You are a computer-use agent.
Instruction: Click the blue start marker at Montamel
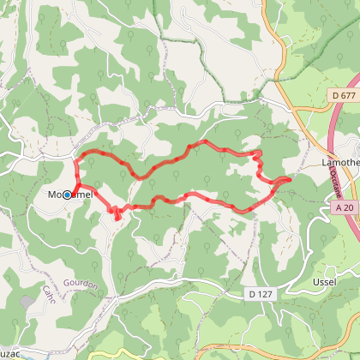(67, 195)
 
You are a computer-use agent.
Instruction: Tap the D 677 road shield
(343, 94)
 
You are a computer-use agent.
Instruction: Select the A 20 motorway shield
(345, 207)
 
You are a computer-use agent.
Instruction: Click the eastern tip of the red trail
(290, 179)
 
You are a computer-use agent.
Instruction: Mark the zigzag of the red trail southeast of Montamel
(116, 213)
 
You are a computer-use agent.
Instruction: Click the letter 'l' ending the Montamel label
(90, 195)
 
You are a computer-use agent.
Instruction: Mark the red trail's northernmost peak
(204, 141)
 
